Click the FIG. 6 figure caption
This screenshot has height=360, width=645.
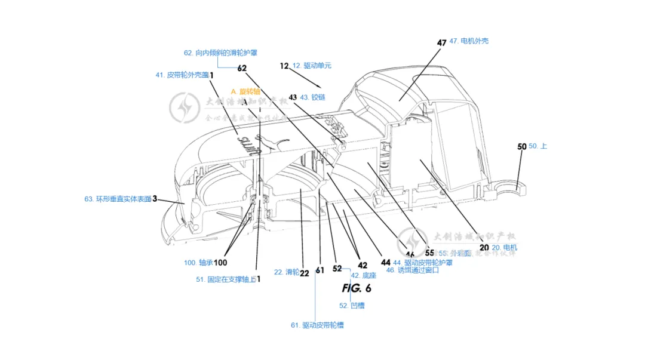pos(357,288)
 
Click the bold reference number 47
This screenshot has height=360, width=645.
pos(441,42)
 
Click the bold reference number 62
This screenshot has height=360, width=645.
pos(242,68)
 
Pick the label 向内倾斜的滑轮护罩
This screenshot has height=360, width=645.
pos(220,53)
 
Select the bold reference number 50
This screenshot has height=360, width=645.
pos(521,146)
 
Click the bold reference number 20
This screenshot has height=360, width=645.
pos(484,247)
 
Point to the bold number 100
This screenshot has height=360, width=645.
pos(221,262)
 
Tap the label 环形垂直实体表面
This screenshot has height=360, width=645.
pos(117,199)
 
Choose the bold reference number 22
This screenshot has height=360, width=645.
pos(304,273)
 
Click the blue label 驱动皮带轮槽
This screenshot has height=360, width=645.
pos(317,325)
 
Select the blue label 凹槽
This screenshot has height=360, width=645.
pos(352,306)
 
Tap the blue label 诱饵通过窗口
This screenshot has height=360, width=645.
pos(412,270)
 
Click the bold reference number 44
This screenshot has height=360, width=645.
pos(386,262)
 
